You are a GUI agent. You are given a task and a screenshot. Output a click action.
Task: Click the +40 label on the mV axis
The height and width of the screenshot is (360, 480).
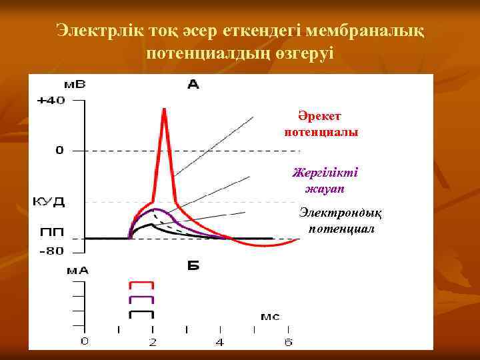click(x=51, y=101)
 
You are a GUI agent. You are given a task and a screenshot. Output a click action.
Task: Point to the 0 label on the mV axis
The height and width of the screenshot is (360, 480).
click(x=59, y=151)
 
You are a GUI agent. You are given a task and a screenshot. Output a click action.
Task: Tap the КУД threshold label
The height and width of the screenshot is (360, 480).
click(x=49, y=201)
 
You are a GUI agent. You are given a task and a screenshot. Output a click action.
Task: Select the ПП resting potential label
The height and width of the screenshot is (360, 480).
click(x=50, y=233)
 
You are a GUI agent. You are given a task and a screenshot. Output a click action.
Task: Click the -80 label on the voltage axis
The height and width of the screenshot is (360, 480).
click(x=51, y=251)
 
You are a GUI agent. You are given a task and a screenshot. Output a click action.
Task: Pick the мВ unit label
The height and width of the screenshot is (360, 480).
click(x=75, y=85)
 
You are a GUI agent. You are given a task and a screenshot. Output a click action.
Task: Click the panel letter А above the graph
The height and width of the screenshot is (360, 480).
click(x=193, y=84)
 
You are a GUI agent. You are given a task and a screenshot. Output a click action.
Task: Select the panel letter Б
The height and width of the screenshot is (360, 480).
click(x=193, y=266)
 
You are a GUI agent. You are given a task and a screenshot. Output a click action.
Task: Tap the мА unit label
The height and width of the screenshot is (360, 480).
click(x=77, y=271)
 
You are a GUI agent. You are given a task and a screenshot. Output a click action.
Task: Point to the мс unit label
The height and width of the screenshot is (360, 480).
click(x=269, y=317)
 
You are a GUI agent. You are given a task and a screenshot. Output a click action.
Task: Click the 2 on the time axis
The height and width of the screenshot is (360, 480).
click(x=153, y=343)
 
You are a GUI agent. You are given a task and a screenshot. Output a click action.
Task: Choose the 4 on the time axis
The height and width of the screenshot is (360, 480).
click(x=221, y=343)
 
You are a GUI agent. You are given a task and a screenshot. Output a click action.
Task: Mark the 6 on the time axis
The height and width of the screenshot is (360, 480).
click(x=288, y=343)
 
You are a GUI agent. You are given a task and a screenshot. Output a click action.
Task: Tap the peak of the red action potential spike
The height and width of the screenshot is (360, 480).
click(x=163, y=109)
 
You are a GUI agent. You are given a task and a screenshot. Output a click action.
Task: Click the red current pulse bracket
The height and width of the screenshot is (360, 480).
click(x=142, y=285)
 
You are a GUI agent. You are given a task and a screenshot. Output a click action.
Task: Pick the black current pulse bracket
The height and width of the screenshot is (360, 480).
click(x=142, y=313)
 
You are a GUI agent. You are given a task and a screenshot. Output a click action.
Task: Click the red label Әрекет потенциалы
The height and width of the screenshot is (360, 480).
click(x=321, y=124)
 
